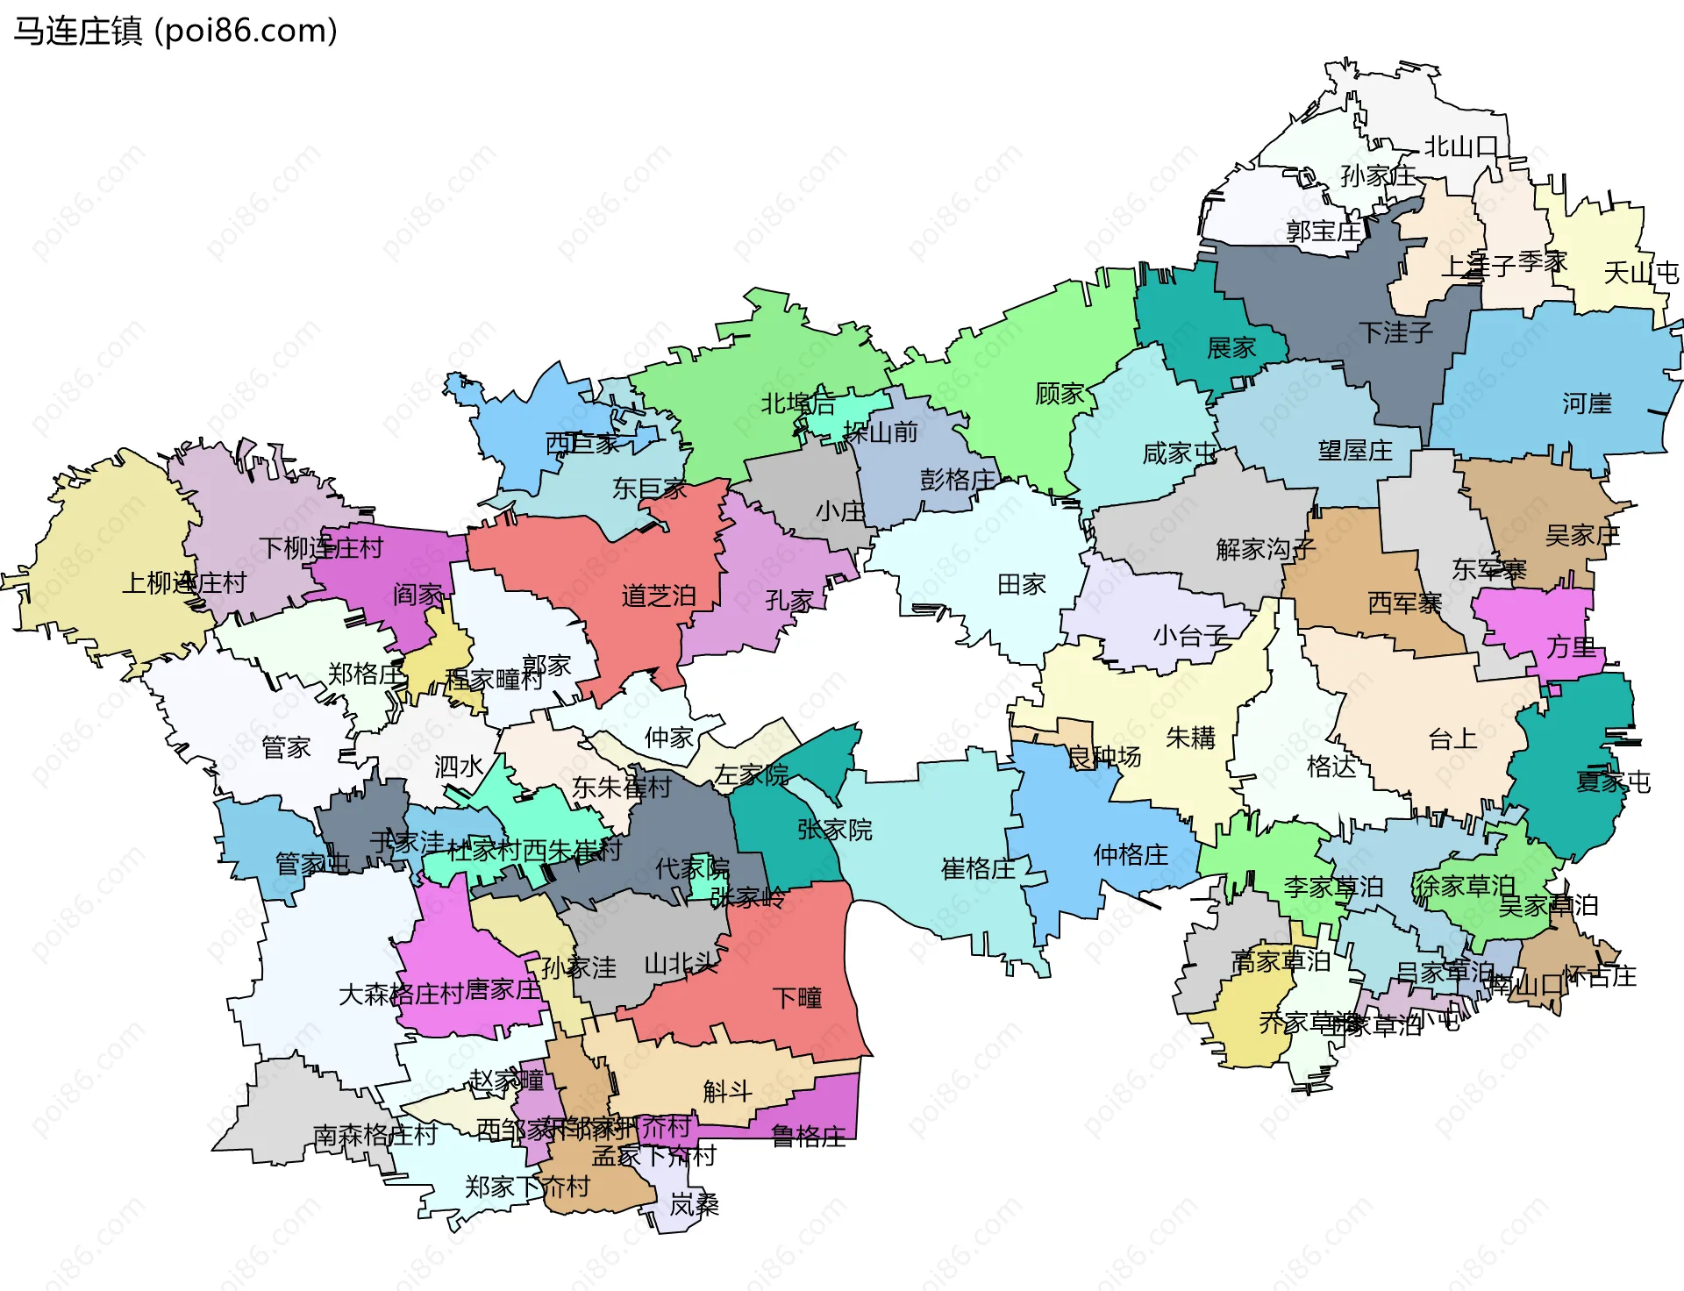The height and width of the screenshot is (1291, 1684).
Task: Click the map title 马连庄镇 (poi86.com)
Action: [175, 32]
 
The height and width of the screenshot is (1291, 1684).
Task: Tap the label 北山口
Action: [1459, 146]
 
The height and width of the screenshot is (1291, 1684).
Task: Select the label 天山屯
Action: [1640, 273]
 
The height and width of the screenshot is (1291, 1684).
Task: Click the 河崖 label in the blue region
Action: [1587, 403]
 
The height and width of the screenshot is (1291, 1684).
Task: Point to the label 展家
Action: [1231, 348]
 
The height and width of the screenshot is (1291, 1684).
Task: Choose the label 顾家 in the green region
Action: [1060, 394]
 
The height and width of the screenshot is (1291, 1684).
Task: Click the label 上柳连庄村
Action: [183, 583]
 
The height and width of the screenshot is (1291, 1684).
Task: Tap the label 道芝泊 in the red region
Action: [658, 596]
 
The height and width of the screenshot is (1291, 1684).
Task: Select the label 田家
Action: [1021, 584]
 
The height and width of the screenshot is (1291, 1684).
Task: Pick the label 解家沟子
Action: [1265, 550]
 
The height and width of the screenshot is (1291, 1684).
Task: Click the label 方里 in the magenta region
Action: [1571, 647]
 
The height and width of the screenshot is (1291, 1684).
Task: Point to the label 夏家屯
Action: [1612, 781]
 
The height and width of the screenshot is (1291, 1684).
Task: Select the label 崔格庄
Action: [977, 869]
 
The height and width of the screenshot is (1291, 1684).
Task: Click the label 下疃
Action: [796, 998]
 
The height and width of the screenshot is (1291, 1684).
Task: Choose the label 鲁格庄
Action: [808, 1137]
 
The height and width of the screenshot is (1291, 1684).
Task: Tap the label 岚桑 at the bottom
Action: [694, 1205]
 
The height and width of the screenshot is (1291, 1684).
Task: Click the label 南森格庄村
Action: [375, 1135]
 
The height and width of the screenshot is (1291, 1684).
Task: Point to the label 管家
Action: [286, 748]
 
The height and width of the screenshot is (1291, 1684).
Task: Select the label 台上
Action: [1452, 739]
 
